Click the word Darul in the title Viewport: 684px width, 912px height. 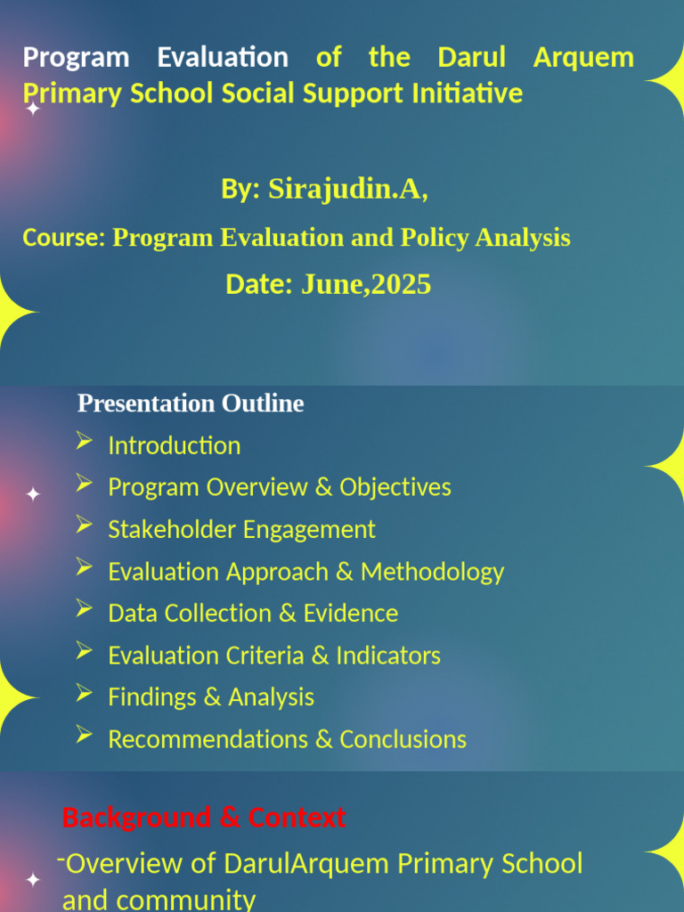pyautogui.click(x=471, y=58)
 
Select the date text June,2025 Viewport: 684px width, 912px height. pyautogui.click(x=365, y=284)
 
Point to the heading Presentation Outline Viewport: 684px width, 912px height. pyautogui.click(x=191, y=403)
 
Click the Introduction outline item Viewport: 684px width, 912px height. pyautogui.click(x=174, y=445)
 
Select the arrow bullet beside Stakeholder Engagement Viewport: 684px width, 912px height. pyautogui.click(x=85, y=525)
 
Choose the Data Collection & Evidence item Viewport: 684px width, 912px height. pyautogui.click(x=252, y=614)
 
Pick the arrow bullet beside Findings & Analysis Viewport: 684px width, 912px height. pyautogui.click(x=85, y=693)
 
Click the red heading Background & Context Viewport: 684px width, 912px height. pyautogui.click(x=204, y=818)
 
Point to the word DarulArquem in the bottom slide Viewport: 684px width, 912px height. pyautogui.click(x=306, y=863)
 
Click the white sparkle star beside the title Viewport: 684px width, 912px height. pyautogui.click(x=33, y=110)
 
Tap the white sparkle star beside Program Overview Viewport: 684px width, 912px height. pyautogui.click(x=33, y=494)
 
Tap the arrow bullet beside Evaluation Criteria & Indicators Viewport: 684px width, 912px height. pyautogui.click(x=85, y=651)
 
